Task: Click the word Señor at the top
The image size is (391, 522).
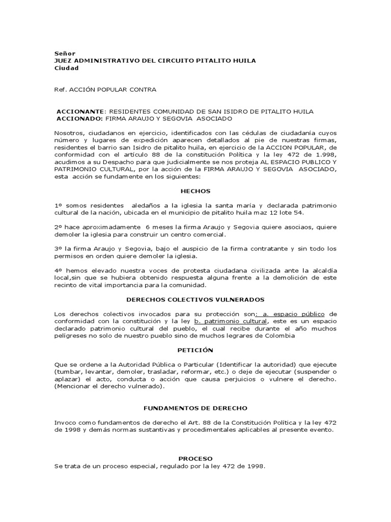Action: click(64, 53)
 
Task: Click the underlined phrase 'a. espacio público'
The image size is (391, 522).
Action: click(295, 314)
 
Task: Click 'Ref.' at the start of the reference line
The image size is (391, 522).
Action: click(60, 90)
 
